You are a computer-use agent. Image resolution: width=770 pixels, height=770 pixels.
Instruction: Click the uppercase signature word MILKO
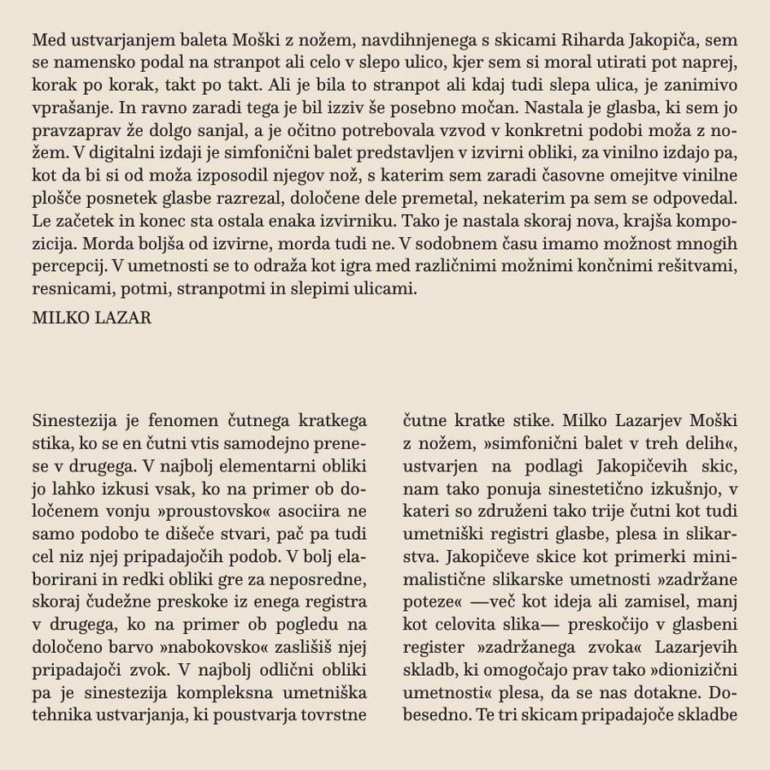[56, 318]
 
